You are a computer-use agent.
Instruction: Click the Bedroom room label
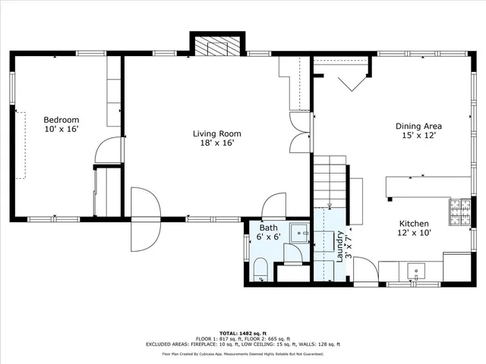(61, 120)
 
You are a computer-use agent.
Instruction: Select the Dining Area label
(418, 126)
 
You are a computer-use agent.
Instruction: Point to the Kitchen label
(415, 224)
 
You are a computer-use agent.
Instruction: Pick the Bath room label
(269, 227)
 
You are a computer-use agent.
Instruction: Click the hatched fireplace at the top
(216, 47)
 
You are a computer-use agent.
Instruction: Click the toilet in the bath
(260, 270)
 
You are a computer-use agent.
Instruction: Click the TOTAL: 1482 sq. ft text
(242, 333)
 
